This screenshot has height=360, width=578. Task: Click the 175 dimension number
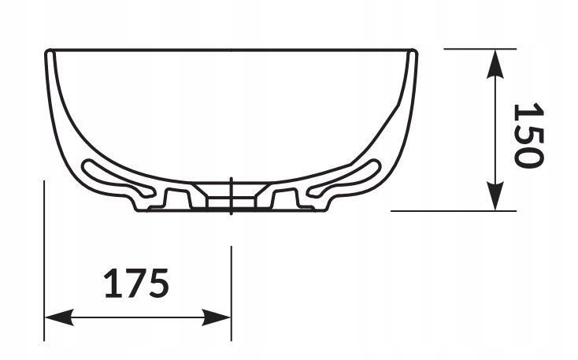click(x=136, y=284)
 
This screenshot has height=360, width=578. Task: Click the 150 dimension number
click(x=529, y=135)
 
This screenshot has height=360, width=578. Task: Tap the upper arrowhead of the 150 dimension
click(x=495, y=64)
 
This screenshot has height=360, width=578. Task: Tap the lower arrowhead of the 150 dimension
click(x=495, y=196)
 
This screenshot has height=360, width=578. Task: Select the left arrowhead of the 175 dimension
click(x=59, y=317)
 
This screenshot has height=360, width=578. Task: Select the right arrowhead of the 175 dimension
click(x=217, y=317)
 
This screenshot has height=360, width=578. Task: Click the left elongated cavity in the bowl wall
click(x=117, y=177)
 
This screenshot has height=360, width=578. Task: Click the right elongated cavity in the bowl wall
click(x=344, y=177)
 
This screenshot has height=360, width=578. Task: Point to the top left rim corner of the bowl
click(x=46, y=50)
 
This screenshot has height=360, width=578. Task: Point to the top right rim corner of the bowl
click(x=416, y=50)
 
